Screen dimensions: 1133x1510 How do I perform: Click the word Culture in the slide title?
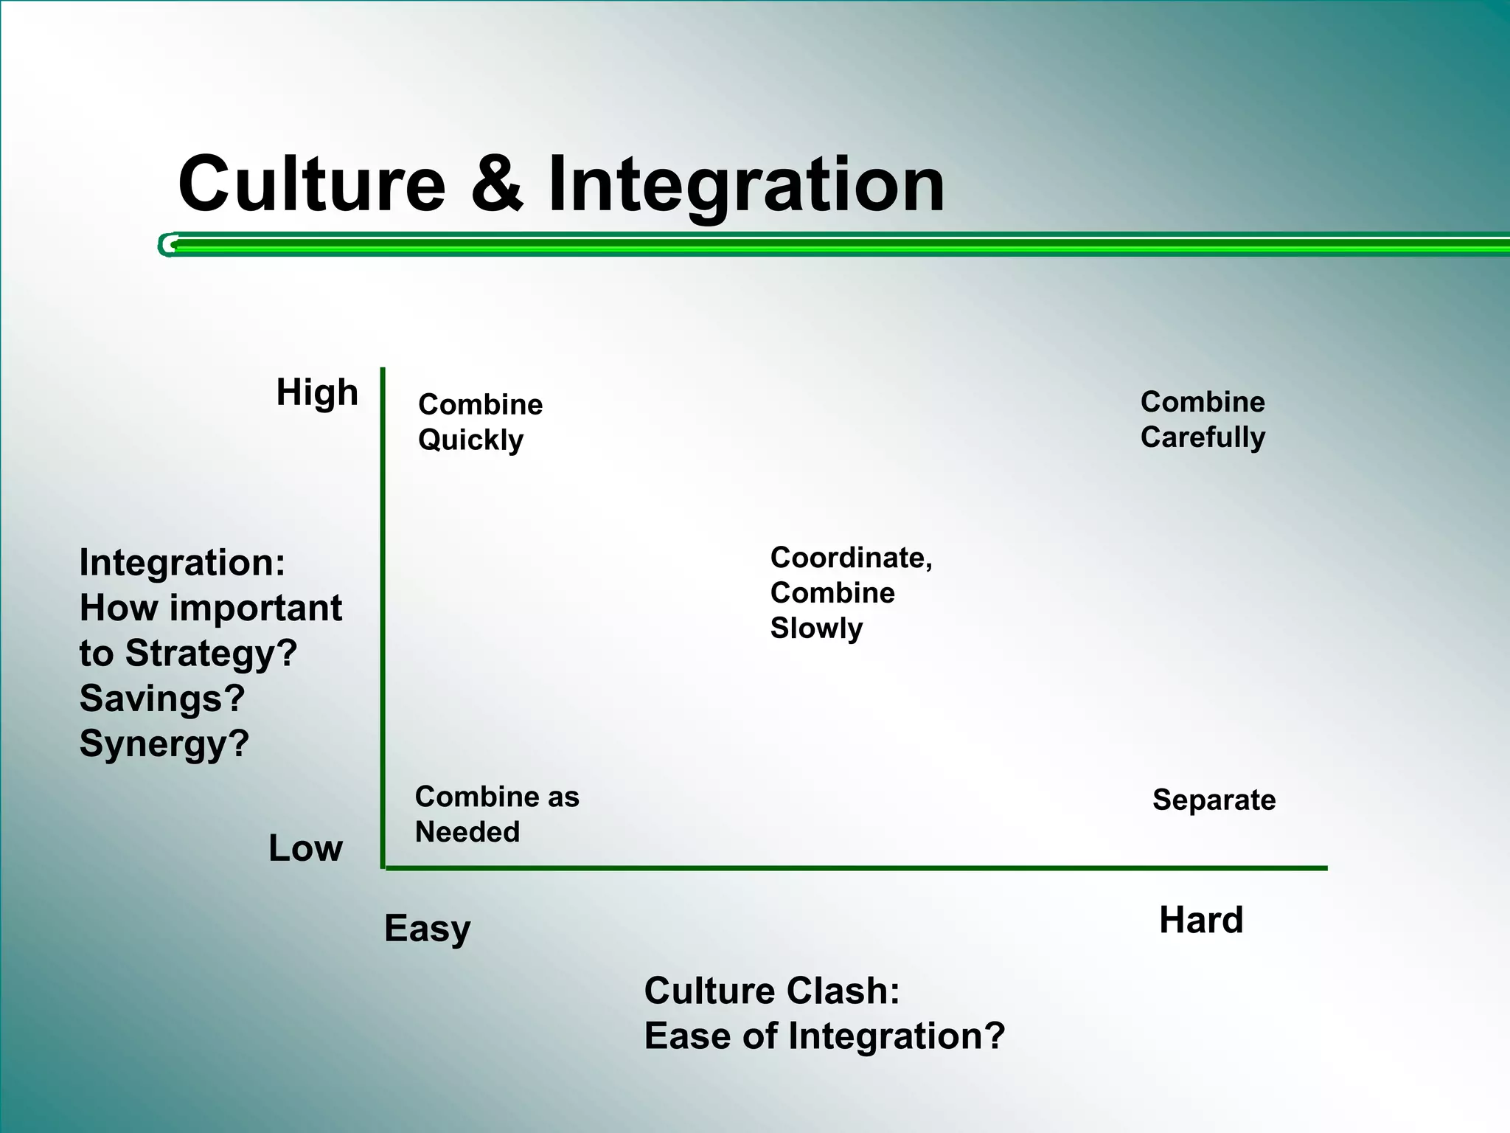pos(312,184)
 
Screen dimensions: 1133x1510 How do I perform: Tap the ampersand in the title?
pos(498,184)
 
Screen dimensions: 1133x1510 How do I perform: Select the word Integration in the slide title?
pos(745,186)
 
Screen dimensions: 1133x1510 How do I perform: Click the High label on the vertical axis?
pos(317,392)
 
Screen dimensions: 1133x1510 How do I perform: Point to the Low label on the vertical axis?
pos(305,848)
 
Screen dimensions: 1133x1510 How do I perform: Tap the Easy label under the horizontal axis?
pos(427,929)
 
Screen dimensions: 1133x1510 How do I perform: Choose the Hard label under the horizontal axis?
pos(1201,921)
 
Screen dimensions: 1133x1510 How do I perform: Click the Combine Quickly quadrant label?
pos(480,422)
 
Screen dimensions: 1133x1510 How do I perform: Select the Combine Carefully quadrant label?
pos(1203,420)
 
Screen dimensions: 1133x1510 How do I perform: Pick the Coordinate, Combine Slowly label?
pos(851,593)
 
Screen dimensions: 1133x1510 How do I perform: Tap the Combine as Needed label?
pos(497,814)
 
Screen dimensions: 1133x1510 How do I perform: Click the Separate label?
pos(1214,800)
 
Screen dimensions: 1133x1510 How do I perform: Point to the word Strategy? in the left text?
pos(211,654)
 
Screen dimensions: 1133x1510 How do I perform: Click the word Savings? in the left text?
pos(162,699)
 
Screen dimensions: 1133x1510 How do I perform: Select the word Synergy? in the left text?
pos(164,744)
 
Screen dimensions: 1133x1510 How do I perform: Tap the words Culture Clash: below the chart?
pos(772,991)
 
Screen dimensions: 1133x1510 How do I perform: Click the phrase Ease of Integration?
pos(824,1036)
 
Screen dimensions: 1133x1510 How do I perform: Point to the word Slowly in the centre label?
pos(816,628)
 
